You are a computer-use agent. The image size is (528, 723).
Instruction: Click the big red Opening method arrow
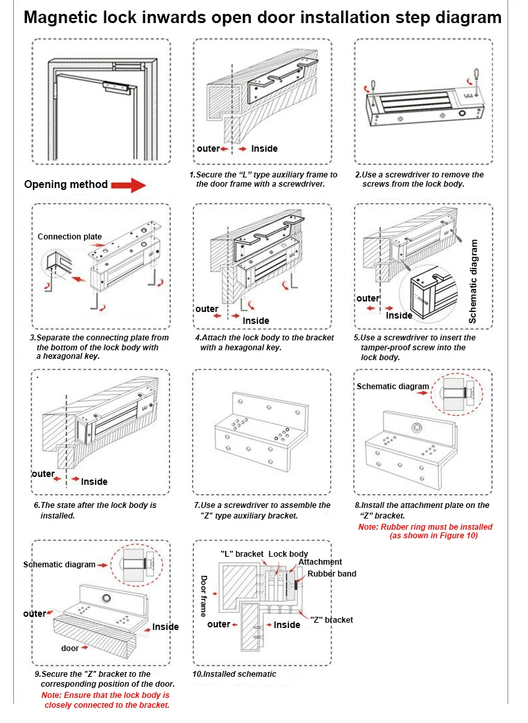[x=128, y=185]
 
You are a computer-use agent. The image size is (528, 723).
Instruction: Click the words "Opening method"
[x=65, y=185]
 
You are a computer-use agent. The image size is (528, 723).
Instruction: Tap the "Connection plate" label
[x=69, y=237]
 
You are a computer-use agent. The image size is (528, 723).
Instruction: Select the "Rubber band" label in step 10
[x=331, y=574]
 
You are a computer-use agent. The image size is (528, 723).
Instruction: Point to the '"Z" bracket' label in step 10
[x=331, y=620]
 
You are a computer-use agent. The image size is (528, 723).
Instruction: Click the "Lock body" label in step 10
[x=288, y=554]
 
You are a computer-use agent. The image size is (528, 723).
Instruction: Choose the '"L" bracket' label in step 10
[x=242, y=554]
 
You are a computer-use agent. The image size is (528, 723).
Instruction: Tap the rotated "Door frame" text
[x=204, y=596]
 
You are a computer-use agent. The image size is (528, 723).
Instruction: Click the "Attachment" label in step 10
[x=320, y=562]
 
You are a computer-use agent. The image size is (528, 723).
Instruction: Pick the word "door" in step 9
[x=70, y=648]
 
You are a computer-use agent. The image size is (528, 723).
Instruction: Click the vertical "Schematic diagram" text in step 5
[x=473, y=281]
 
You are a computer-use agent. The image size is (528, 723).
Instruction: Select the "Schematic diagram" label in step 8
[x=392, y=387]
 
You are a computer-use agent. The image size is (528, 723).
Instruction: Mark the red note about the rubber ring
[x=425, y=532]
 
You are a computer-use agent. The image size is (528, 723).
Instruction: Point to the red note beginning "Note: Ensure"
[x=106, y=700]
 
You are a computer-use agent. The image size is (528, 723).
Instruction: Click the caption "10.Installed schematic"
[x=234, y=674]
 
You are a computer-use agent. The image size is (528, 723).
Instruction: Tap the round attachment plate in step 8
[x=417, y=427]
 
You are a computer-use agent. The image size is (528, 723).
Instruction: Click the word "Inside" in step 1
[x=264, y=149]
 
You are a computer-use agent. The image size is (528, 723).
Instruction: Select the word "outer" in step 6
[x=44, y=474]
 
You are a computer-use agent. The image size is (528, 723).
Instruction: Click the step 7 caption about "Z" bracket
[x=261, y=511]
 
